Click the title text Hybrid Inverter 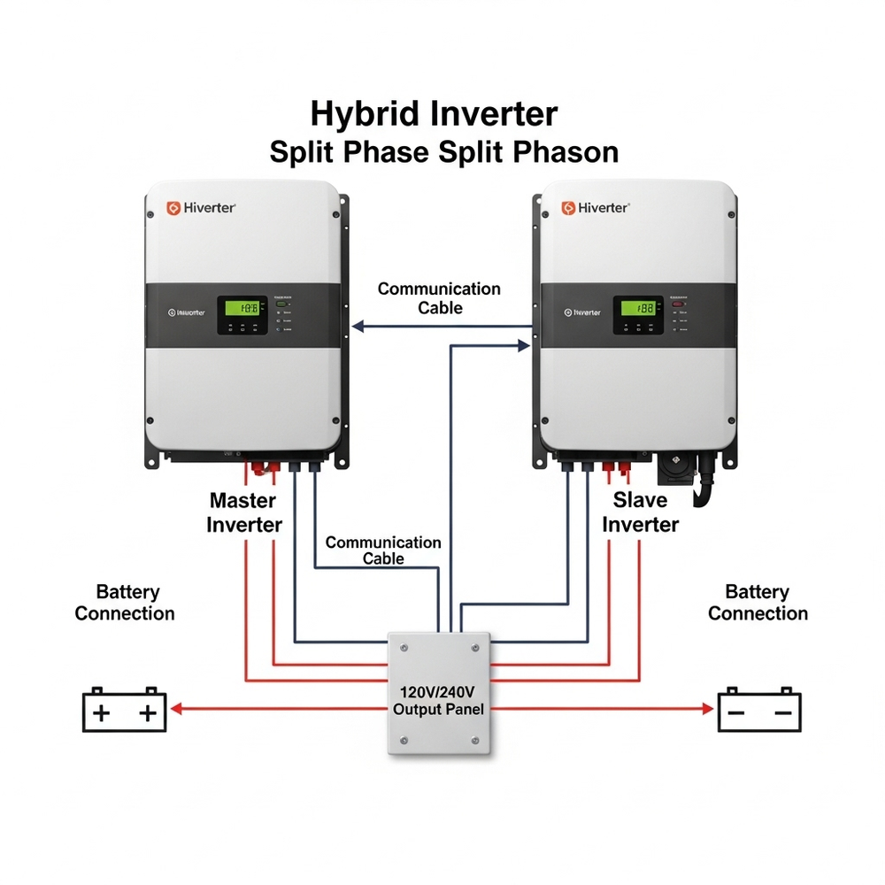(x=434, y=114)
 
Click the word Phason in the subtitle (x=563, y=151)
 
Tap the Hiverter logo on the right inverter (x=596, y=208)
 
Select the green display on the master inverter (x=243, y=308)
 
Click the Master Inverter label (x=244, y=512)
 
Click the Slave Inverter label (x=640, y=512)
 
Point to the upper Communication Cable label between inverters (x=439, y=298)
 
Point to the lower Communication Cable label (x=383, y=550)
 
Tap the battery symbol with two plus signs (x=125, y=711)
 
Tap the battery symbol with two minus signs (x=759, y=711)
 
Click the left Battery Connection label (x=125, y=603)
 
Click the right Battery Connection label (x=758, y=603)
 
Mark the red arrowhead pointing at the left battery (x=176, y=708)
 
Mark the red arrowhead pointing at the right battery (x=707, y=708)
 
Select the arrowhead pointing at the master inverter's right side (x=358, y=327)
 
